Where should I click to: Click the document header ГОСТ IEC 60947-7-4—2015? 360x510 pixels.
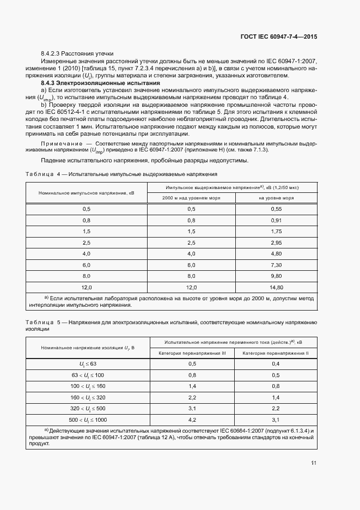pyautogui.click(x=278, y=37)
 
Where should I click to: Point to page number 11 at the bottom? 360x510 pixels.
pyautogui.click(x=314, y=463)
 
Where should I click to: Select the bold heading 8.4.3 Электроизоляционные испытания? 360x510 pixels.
pyautogui.click(x=100, y=83)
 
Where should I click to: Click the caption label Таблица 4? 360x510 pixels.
pyautogui.click(x=42, y=173)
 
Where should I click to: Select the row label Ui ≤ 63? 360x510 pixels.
pyautogui.click(x=88, y=363)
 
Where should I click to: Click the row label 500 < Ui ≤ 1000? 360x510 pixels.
pyautogui.click(x=88, y=420)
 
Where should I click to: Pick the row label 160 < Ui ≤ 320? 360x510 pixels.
pyautogui.click(x=88, y=397)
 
